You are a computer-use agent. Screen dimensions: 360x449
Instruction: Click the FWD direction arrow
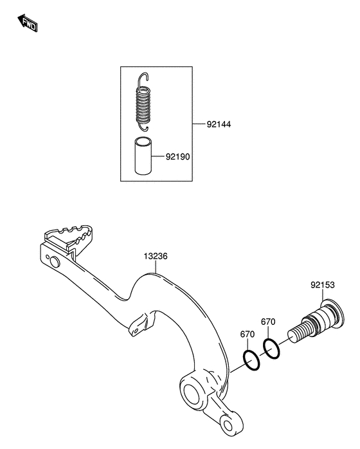(x=28, y=23)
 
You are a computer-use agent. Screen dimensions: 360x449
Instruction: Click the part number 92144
(x=219, y=124)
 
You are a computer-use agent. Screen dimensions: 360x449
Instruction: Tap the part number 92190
(x=177, y=156)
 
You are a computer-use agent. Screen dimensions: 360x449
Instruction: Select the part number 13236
(x=156, y=256)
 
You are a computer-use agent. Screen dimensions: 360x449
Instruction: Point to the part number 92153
(x=323, y=285)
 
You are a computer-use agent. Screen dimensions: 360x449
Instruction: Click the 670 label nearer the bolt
(x=268, y=322)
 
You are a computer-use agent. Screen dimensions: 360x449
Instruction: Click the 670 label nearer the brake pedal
(x=248, y=334)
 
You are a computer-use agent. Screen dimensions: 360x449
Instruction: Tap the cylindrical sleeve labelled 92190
(x=143, y=156)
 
